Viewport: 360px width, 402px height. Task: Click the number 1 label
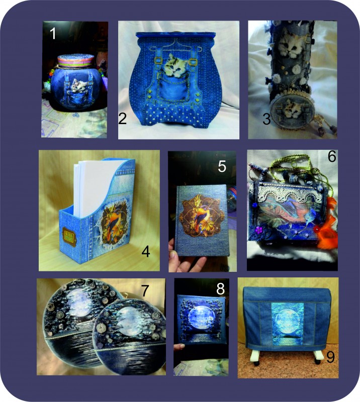[x=53, y=34]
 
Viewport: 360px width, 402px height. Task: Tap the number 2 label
[x=122, y=119]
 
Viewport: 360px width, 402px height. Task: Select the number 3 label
[x=266, y=119]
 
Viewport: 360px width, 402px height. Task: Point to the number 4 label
[x=145, y=252]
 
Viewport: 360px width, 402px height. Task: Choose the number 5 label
[x=222, y=167]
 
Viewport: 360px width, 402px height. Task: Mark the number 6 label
[x=332, y=156]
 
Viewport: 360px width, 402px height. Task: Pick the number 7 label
[x=145, y=290]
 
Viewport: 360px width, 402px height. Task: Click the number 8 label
[x=220, y=289]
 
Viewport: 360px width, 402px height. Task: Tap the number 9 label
[x=330, y=357]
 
